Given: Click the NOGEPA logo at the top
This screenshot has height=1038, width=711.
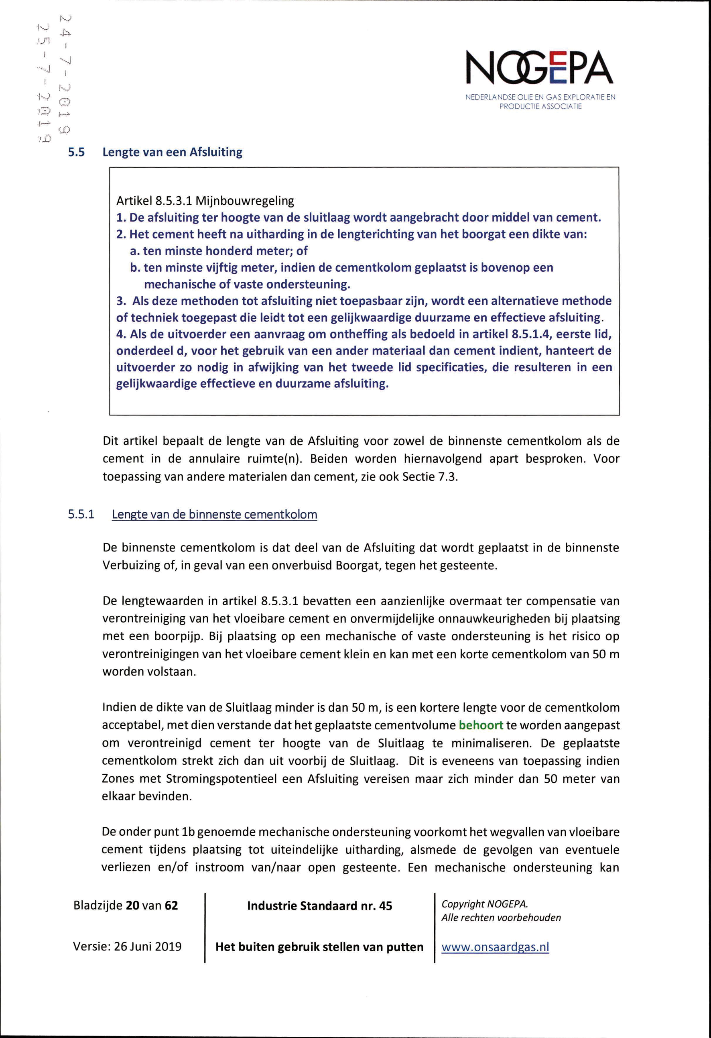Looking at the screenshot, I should [x=540, y=68].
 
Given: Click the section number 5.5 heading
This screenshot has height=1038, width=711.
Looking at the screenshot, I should [x=76, y=152].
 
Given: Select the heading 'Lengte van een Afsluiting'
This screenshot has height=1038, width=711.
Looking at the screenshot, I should [x=173, y=152].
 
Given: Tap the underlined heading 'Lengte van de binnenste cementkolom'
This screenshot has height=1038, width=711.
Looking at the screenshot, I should [x=214, y=515].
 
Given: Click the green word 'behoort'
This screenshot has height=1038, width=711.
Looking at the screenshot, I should [x=481, y=725].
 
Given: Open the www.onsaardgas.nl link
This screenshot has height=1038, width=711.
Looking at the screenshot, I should [x=495, y=947].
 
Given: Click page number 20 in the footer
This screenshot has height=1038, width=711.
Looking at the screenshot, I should [x=133, y=906].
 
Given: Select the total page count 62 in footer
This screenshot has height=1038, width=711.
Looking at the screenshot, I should [x=171, y=906].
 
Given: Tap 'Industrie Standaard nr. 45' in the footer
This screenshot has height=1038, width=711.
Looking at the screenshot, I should [x=319, y=906].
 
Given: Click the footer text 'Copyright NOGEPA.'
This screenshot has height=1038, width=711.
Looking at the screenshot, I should [x=485, y=904].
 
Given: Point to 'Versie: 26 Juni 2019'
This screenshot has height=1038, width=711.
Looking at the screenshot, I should [x=127, y=946].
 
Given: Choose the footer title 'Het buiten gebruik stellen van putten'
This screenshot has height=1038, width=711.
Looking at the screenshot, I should [x=319, y=947].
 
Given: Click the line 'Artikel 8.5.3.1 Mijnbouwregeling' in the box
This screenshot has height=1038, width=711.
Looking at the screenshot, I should [x=205, y=201].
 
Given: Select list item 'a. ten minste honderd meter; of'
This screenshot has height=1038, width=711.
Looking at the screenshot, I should [x=219, y=251].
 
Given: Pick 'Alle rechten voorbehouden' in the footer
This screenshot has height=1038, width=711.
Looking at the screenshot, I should [x=501, y=918].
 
